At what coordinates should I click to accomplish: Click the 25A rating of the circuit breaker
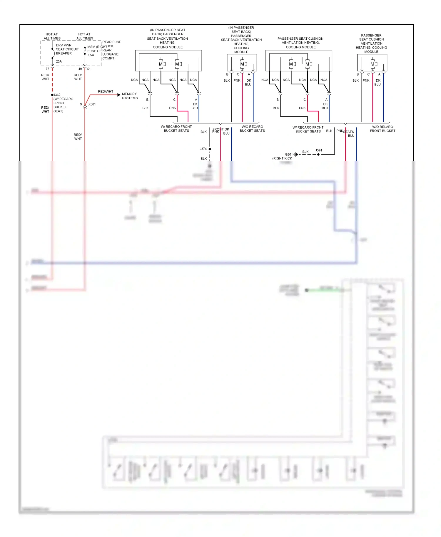coord(59,61)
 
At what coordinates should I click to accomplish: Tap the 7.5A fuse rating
coord(91,55)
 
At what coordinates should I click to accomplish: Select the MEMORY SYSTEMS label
coord(130,96)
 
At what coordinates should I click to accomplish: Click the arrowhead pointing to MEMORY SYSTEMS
coord(119,95)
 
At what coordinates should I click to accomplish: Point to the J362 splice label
coord(57,95)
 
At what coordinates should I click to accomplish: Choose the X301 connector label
coord(92,104)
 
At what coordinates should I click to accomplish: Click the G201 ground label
coord(289,154)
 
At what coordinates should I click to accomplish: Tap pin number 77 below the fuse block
coord(47,69)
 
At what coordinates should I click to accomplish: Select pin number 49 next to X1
coord(80,69)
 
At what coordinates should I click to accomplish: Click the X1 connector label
coord(89,69)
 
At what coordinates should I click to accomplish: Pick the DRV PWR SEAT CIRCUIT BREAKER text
coord(67,49)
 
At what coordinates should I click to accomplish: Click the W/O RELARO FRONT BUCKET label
coord(382,129)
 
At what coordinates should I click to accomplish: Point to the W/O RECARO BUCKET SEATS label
coord(252,129)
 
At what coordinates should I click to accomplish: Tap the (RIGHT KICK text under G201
coord(282,158)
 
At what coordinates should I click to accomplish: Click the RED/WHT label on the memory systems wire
coord(106,92)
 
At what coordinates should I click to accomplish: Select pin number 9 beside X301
coord(81,104)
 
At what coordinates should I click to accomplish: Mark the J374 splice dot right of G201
coord(318,155)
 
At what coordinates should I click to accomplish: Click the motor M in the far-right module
coord(372,64)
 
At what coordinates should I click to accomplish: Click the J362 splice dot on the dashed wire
coord(52,95)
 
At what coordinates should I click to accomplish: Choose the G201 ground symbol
coord(295,155)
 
